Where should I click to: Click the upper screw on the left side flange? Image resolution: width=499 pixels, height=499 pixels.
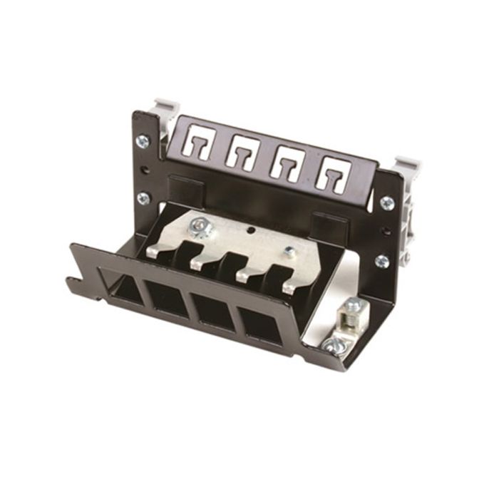(143, 141)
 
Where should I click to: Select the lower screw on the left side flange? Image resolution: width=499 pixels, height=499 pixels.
(143, 198)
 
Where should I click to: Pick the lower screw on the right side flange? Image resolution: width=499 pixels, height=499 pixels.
(383, 260)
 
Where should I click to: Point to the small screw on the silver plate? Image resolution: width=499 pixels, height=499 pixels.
(289, 252)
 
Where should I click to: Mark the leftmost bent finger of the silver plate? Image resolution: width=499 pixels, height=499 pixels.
(160, 249)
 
